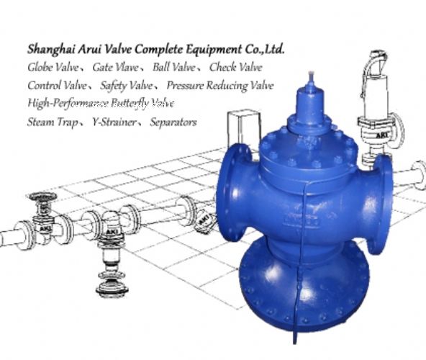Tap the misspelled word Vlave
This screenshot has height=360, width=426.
(127, 67)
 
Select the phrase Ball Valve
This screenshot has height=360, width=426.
(174, 67)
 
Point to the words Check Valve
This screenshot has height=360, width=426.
(236, 67)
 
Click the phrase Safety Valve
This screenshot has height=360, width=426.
(127, 86)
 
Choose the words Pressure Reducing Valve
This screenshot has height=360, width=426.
(220, 86)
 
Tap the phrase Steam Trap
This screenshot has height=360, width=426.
(53, 122)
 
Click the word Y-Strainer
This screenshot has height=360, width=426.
(114, 122)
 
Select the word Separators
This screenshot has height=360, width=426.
(173, 122)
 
